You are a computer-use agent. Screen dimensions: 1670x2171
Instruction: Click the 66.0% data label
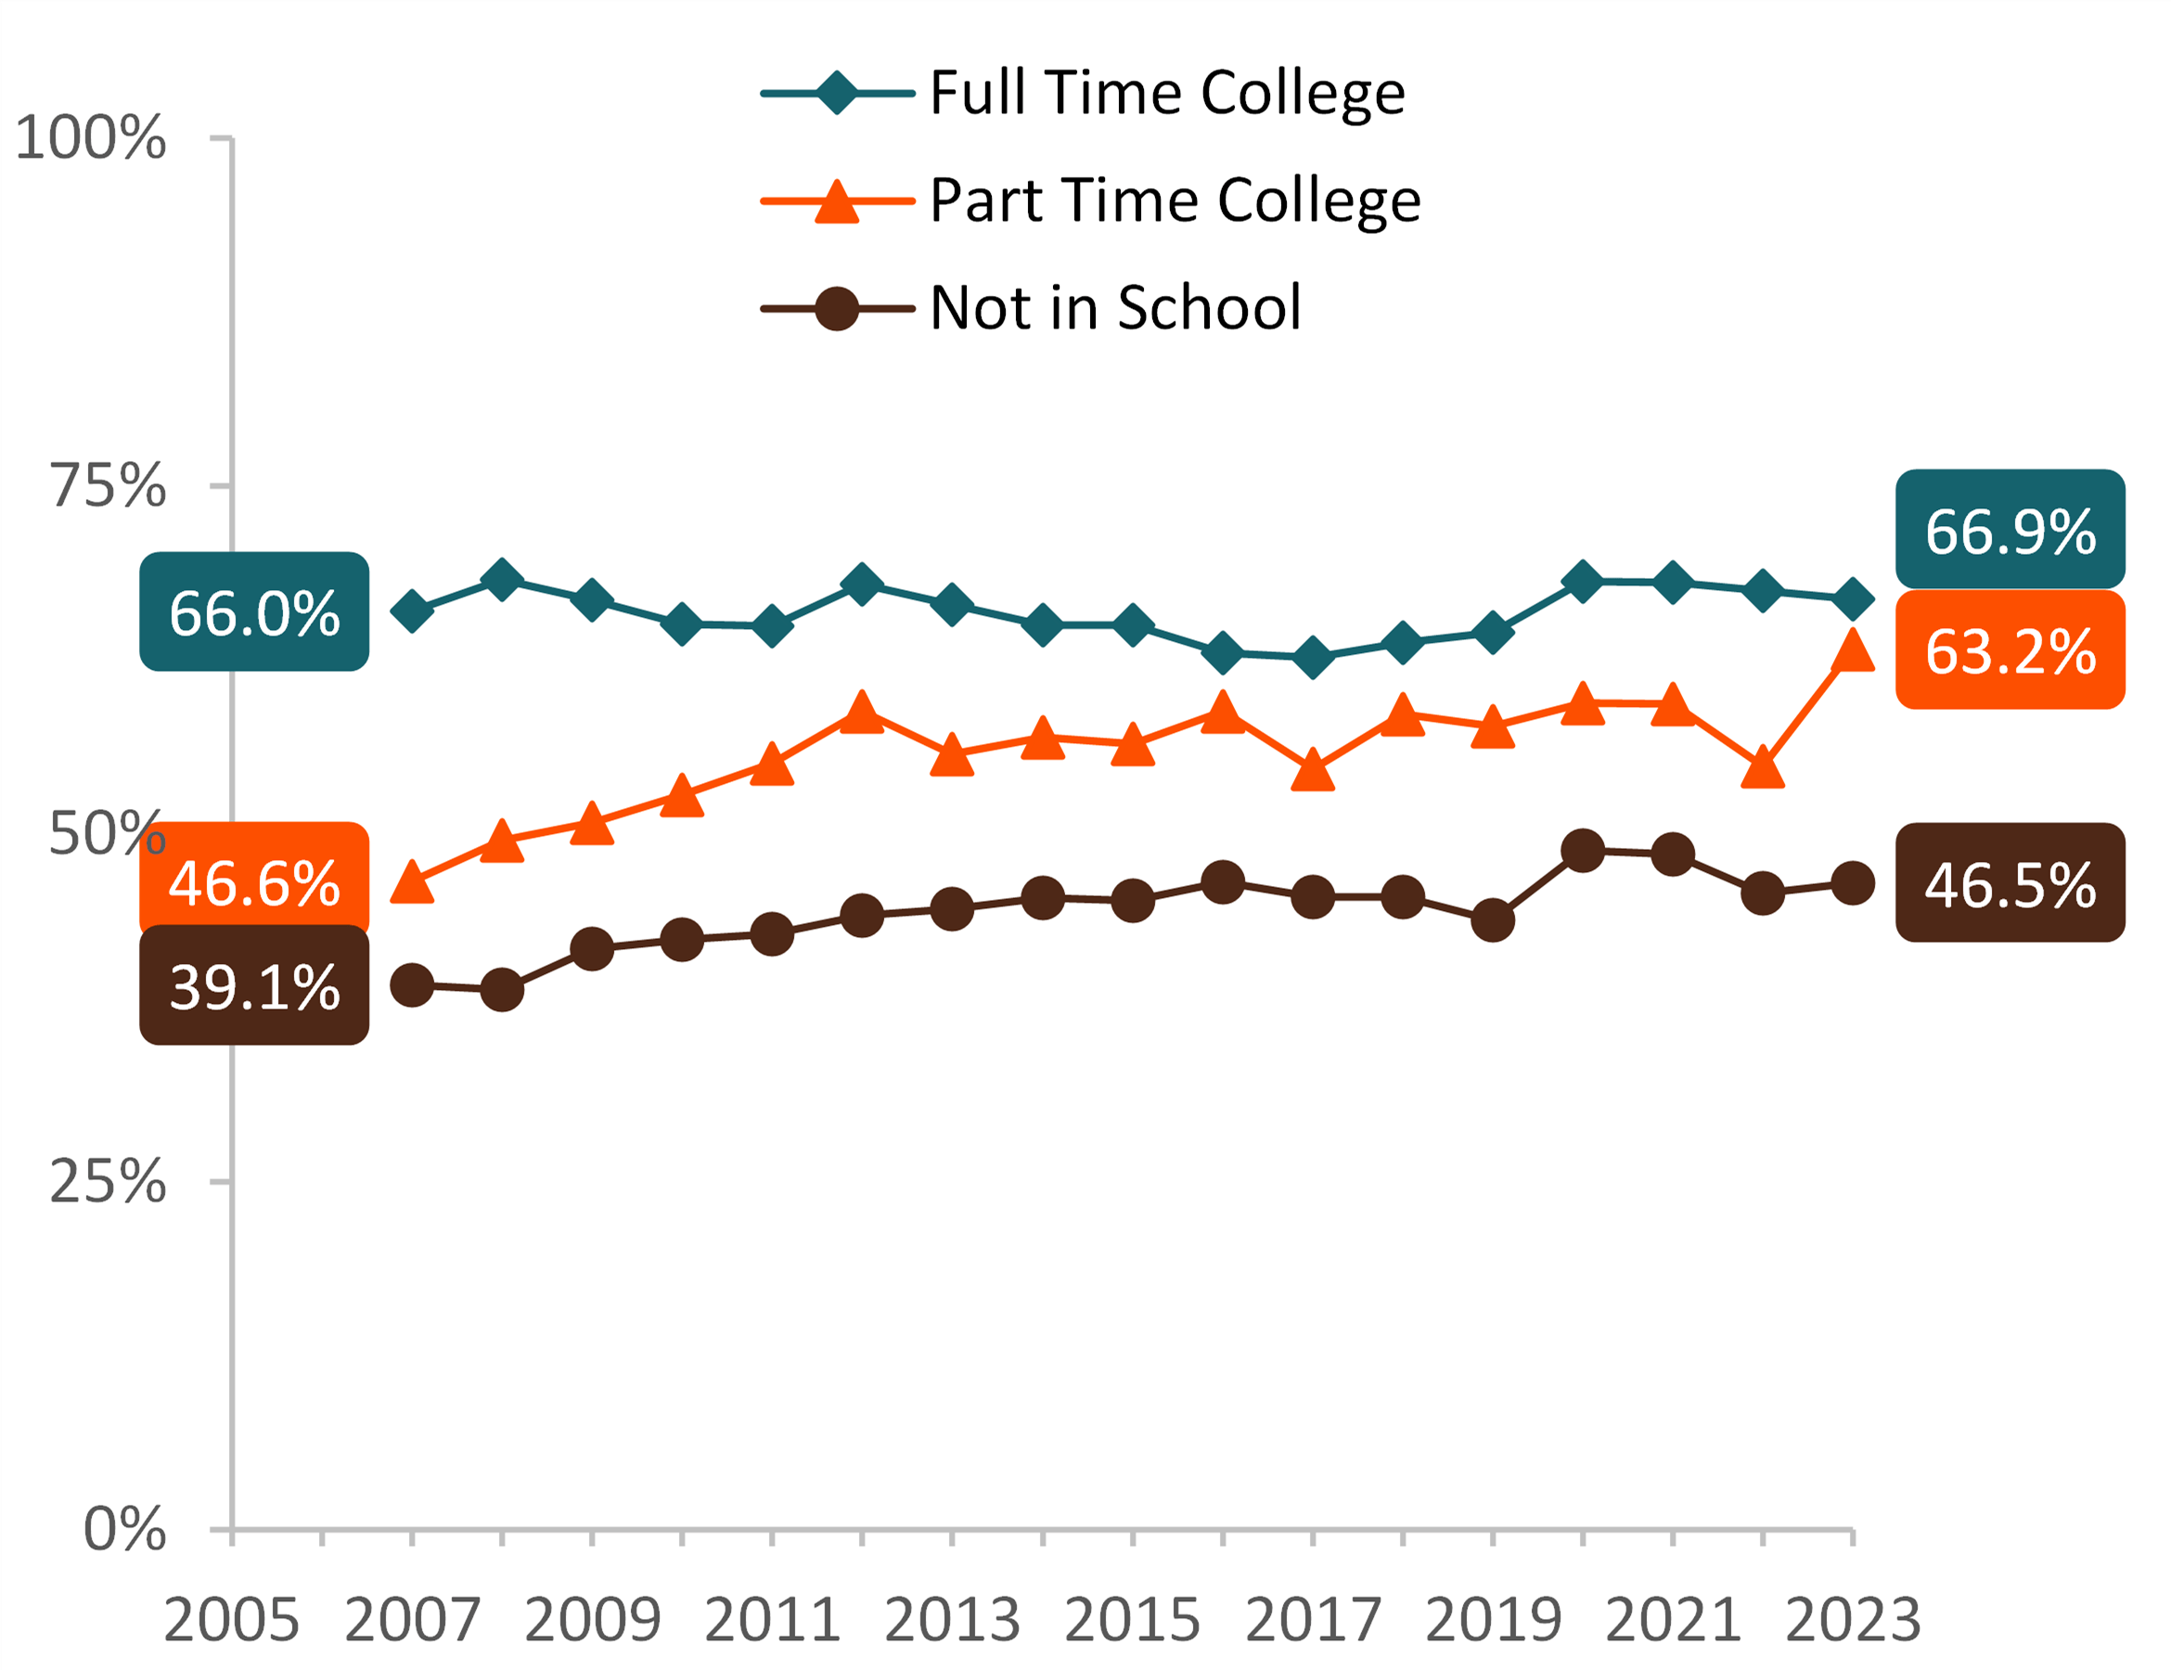click(254, 612)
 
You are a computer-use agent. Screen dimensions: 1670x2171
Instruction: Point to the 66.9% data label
click(2009, 531)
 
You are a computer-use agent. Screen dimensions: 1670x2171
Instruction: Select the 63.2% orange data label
click(2009, 651)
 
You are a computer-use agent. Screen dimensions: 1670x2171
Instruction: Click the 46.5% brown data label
click(2009, 883)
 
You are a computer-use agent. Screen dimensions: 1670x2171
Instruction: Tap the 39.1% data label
click(254, 986)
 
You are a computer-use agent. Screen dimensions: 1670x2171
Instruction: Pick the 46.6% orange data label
click(254, 880)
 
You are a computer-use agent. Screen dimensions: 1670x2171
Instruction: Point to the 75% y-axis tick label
click(108, 486)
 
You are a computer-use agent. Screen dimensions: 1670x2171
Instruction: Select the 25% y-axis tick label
click(108, 1182)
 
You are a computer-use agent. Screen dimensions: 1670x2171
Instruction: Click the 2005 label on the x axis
click(232, 1620)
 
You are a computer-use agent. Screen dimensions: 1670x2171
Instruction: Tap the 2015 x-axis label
click(1132, 1620)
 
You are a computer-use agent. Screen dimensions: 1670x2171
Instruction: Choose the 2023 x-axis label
click(1853, 1620)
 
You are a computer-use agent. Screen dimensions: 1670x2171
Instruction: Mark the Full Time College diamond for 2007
click(412, 611)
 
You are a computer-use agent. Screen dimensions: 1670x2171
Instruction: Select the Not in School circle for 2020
click(1583, 851)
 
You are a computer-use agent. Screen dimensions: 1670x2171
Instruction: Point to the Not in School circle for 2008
click(502, 990)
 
